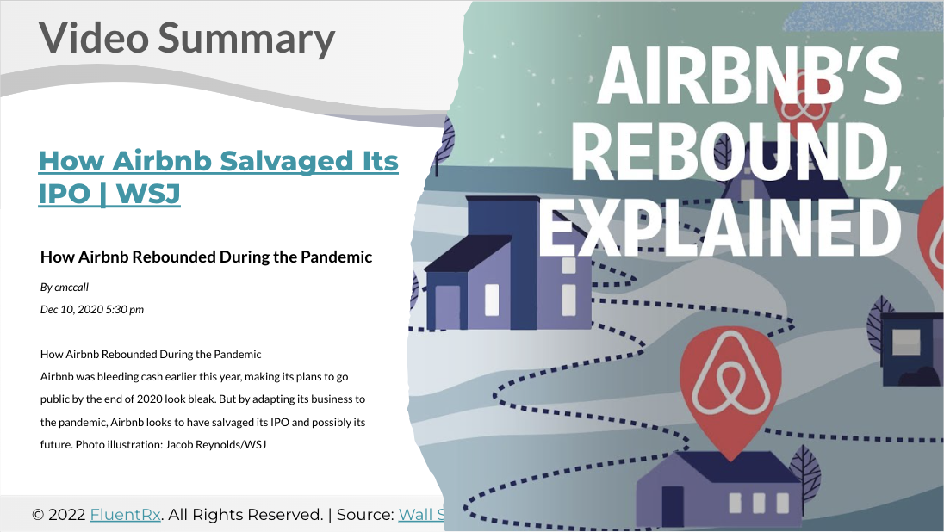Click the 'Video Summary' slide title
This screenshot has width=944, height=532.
pyautogui.click(x=187, y=38)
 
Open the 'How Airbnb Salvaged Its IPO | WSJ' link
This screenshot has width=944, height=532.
pyautogui.click(x=218, y=177)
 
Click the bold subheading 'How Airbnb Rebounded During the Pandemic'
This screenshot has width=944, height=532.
pyautogui.click(x=206, y=257)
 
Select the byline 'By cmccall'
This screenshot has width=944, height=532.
pyautogui.click(x=65, y=287)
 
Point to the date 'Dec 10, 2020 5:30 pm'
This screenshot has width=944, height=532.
pyautogui.click(x=92, y=309)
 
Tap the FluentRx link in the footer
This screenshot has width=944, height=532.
pyautogui.click(x=125, y=515)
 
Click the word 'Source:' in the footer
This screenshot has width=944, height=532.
pyautogui.click(x=365, y=515)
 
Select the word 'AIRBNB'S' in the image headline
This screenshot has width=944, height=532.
pyautogui.click(x=749, y=77)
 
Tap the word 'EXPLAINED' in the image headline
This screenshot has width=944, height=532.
pyautogui.click(x=719, y=227)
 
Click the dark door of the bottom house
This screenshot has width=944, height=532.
pyautogui.click(x=673, y=506)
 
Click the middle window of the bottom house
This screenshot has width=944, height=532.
pyautogui.click(x=759, y=503)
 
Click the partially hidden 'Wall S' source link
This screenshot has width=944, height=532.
pyautogui.click(x=422, y=515)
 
